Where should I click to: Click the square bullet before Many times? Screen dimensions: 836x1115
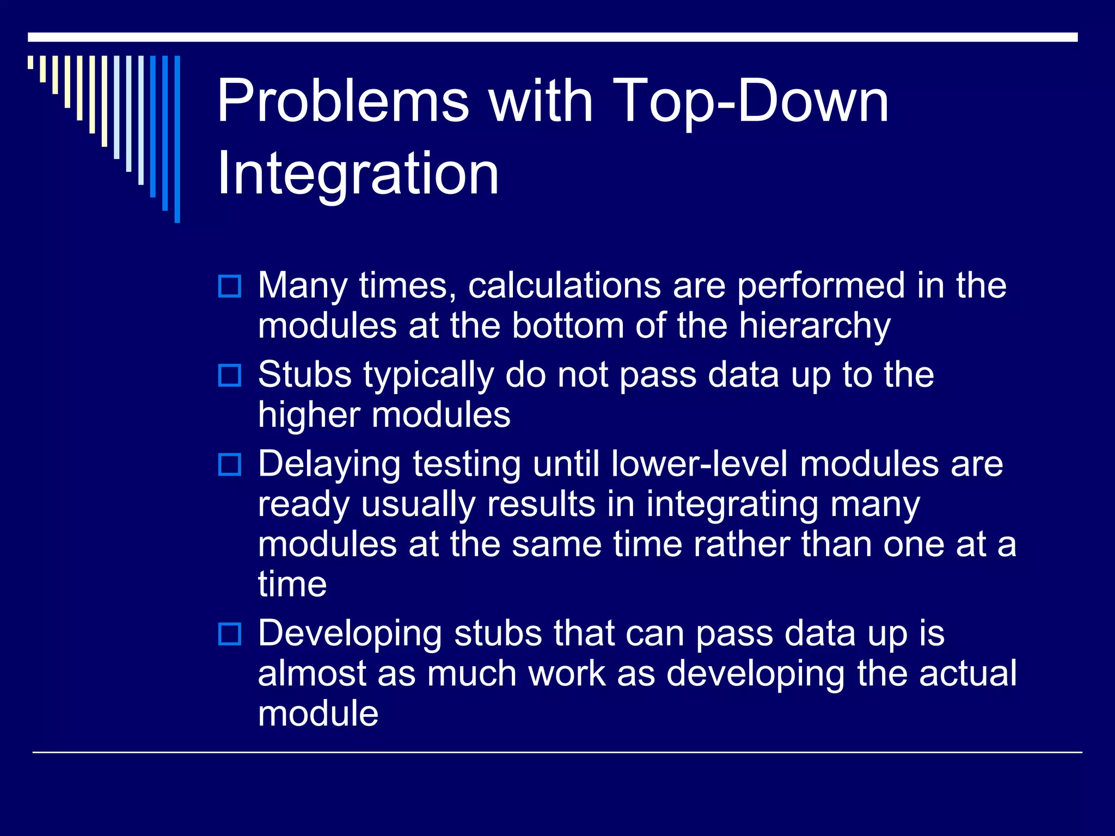click(x=229, y=286)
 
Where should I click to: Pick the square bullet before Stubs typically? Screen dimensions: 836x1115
click(x=229, y=376)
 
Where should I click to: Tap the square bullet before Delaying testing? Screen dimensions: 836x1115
click(x=229, y=465)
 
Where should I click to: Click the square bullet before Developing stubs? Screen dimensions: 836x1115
click(x=229, y=635)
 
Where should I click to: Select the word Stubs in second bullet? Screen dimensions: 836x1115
click(x=305, y=374)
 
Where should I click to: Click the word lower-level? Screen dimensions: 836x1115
click(x=699, y=464)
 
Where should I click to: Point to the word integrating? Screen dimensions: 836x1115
click(x=732, y=505)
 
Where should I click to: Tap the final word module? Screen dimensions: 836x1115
click(x=318, y=714)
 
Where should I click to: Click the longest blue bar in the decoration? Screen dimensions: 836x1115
click(x=177, y=139)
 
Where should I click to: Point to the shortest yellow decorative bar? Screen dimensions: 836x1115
click(x=31, y=63)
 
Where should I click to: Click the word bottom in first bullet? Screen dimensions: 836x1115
click(x=568, y=327)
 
